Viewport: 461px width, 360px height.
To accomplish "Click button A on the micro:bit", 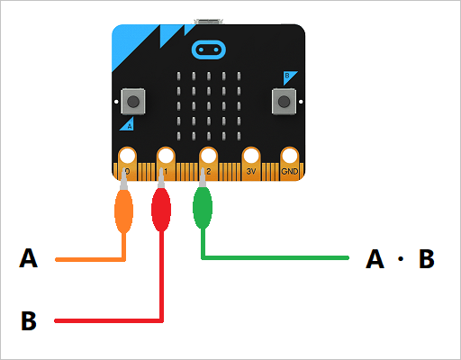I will [134, 100].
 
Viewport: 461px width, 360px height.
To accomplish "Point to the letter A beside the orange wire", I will [29, 259].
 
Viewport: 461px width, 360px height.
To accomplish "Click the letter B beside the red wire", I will [29, 320].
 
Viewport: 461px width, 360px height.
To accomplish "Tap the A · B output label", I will [401, 259].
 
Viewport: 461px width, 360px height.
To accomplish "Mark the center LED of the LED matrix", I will [209, 105].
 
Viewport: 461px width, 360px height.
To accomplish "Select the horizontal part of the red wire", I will [108, 319].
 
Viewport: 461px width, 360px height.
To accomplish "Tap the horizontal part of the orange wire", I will [90, 260].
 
